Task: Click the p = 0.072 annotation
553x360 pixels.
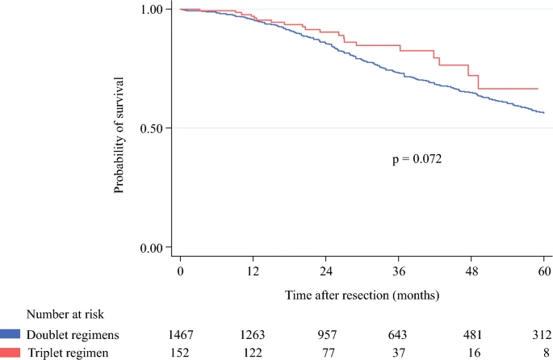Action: click(417, 159)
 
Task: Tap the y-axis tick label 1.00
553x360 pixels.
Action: click(153, 9)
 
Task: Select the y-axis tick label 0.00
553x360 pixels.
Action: click(153, 247)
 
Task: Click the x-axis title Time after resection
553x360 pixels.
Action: click(362, 295)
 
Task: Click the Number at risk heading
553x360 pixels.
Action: click(65, 314)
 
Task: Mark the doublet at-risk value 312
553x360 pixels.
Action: click(541, 334)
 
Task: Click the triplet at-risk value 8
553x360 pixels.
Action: click(546, 353)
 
